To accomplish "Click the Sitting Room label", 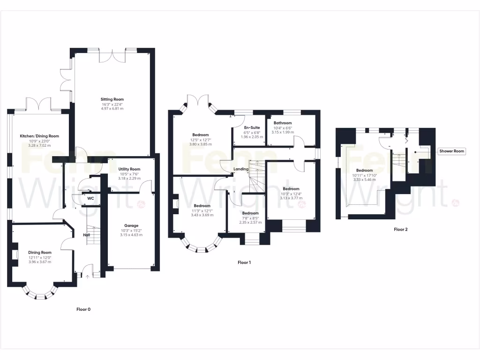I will tap(112, 99).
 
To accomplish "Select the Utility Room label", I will tap(129, 169).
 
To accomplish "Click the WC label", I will tap(91, 198).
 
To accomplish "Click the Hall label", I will tap(87, 235).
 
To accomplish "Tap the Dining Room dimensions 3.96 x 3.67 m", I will tap(39, 262).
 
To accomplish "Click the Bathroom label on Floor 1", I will tap(283, 123).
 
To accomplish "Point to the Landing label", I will tap(241, 169).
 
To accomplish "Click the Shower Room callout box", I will tap(452, 151).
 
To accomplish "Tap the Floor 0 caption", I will tap(83, 309).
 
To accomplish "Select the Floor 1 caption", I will tap(244, 262).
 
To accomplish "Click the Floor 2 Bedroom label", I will tap(364, 170).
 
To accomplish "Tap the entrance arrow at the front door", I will tap(87, 276).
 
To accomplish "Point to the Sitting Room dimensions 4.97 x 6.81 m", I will tap(112, 109).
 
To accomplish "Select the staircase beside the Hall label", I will tap(95, 234).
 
